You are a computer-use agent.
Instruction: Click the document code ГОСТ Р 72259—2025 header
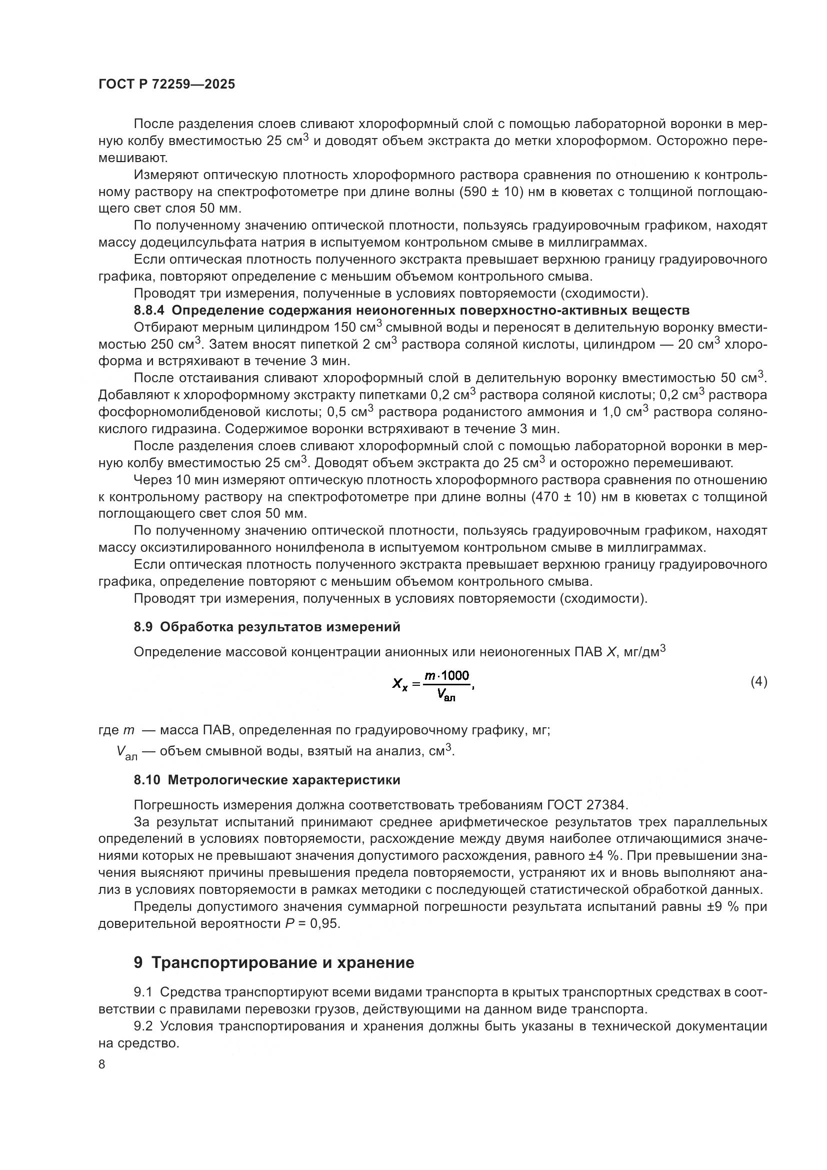pos(166,85)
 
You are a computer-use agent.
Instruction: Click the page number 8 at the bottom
pos(102,1064)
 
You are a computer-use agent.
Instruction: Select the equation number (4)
pos(758,681)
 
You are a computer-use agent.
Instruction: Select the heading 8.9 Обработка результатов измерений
pos(267,627)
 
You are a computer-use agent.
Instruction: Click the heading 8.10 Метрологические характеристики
pos(267,780)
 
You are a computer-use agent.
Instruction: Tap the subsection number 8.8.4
pos(149,310)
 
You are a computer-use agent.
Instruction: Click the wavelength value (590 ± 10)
pos(489,192)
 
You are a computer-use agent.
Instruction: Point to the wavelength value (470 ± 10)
pos(563,497)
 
